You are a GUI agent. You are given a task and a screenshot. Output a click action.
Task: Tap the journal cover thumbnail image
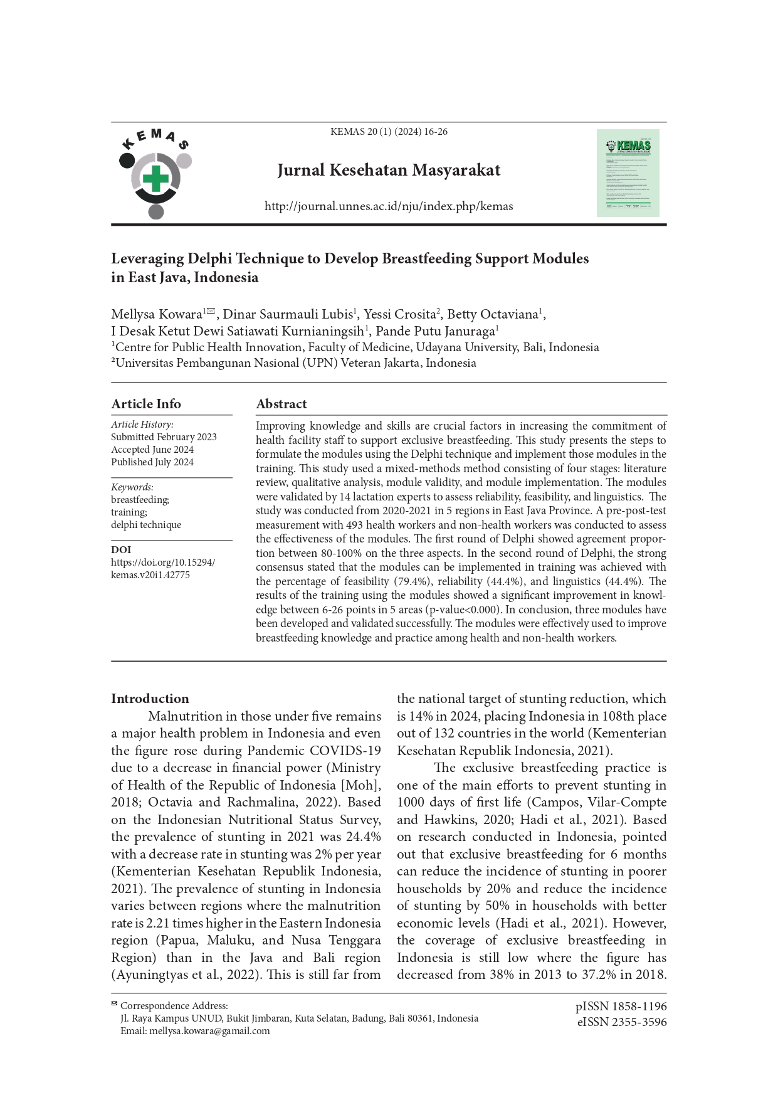coord(628,173)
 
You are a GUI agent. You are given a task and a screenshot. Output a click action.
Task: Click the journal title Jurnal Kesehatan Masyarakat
coord(389,171)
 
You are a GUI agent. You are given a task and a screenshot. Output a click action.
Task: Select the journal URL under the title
coord(389,206)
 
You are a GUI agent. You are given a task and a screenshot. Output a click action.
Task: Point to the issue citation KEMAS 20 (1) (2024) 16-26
coord(389,132)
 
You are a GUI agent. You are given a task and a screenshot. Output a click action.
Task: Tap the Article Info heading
coord(146,404)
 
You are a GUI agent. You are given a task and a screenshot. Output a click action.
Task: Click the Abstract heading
coord(281,404)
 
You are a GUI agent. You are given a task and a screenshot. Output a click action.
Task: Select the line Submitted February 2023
coord(164,437)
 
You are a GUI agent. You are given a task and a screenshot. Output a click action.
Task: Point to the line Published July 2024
coord(152,462)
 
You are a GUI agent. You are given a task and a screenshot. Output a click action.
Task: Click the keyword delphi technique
coord(146,525)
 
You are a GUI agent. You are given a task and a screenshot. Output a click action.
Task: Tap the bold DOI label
coord(121,550)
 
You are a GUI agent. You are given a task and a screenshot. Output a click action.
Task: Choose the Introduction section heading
coord(150,699)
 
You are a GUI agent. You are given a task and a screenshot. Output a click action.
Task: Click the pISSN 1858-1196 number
coord(621,1007)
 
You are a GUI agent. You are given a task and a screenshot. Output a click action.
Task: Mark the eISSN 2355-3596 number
coord(621,1022)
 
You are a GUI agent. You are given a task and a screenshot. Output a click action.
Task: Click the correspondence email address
coord(209,1031)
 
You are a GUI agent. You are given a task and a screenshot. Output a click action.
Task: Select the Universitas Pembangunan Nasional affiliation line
coord(293,363)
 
